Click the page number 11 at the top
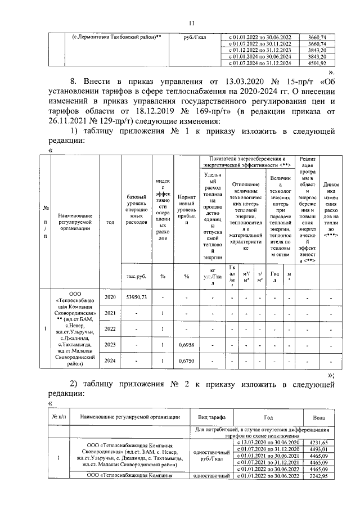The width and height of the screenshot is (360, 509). click(x=191, y=22)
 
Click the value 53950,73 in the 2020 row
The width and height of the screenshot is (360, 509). click(x=137, y=296)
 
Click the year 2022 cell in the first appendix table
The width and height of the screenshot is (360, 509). click(x=110, y=328)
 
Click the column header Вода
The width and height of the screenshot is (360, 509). click(x=318, y=417)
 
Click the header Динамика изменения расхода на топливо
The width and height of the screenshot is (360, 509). click(x=331, y=209)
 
